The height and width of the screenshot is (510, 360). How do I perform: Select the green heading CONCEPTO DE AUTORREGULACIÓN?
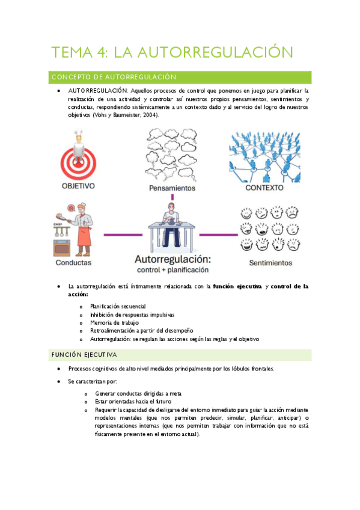114,77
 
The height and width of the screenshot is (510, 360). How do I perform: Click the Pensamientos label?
172,188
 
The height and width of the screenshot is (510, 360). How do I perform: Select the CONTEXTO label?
264,187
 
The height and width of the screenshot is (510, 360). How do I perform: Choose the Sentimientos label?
270,263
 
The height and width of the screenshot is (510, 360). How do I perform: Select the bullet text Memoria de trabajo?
114,323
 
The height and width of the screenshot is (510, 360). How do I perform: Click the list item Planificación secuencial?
118,307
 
